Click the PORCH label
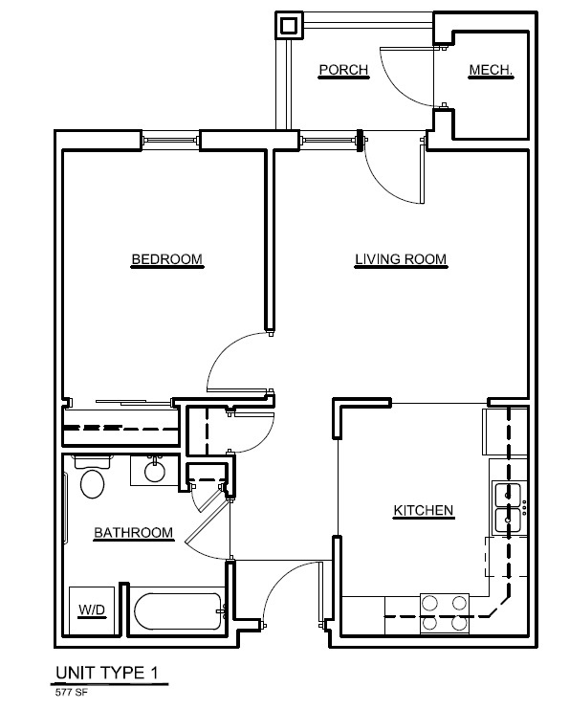[343, 70]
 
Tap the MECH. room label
[491, 70]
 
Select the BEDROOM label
[166, 259]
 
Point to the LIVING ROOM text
[401, 259]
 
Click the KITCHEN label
[423, 511]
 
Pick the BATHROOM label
[133, 533]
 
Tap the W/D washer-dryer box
[91, 610]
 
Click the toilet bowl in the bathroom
[92, 483]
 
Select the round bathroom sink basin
[155, 472]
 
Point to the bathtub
[180, 610]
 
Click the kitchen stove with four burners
[445, 613]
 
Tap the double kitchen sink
[507, 508]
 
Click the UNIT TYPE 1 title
[107, 673]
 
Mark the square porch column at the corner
[289, 25]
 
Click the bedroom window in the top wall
[170, 140]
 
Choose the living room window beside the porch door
[329, 140]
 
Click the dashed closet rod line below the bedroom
[121, 428]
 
